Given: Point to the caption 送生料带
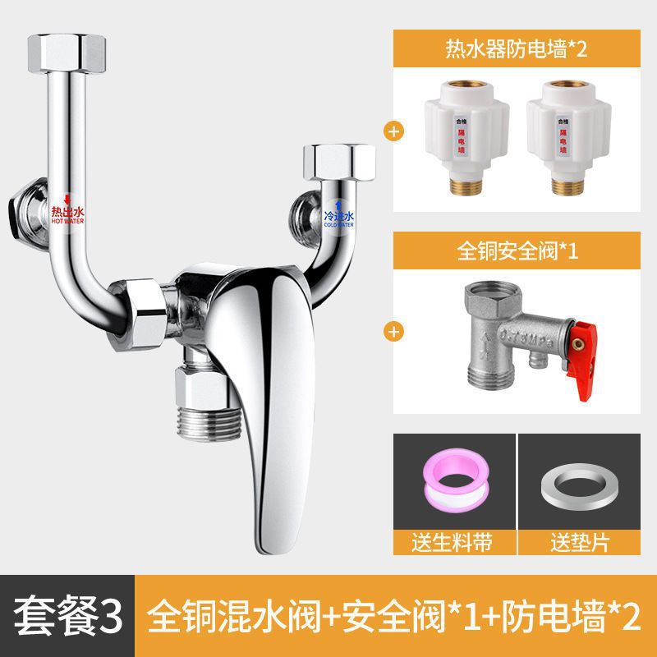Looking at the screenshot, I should pyautogui.click(x=453, y=541).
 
